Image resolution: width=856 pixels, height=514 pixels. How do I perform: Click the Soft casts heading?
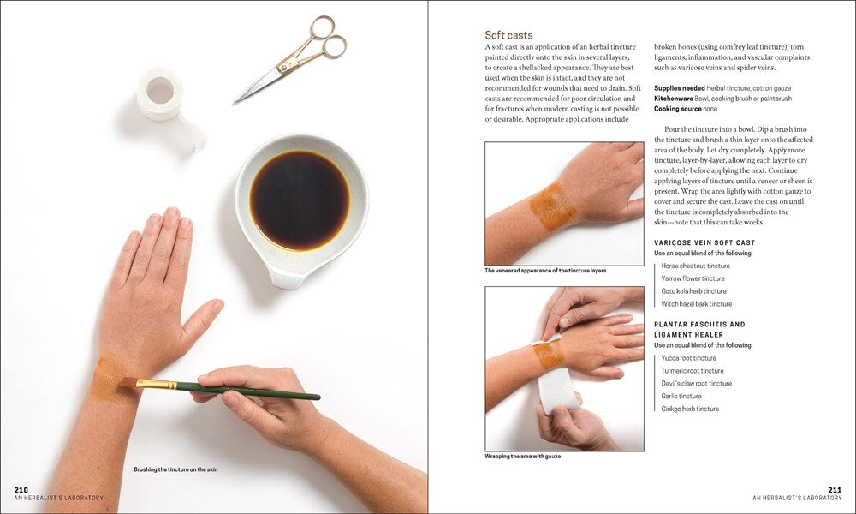click(508, 35)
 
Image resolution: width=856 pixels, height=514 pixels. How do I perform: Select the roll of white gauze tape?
click(160, 93)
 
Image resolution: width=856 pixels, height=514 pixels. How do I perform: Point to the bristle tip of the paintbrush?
click(128, 382)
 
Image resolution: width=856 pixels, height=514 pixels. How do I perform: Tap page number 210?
click(21, 489)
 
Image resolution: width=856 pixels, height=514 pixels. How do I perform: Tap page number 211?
click(835, 489)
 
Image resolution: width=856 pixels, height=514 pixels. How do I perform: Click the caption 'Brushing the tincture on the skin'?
click(183, 469)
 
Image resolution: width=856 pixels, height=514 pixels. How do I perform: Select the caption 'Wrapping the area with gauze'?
click(522, 456)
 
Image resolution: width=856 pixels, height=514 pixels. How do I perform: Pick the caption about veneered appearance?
click(545, 271)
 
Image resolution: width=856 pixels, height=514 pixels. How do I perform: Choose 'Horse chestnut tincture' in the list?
click(695, 266)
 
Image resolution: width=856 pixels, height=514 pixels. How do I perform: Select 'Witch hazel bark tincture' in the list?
click(696, 303)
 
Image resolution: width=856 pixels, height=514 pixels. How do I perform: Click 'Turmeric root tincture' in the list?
click(693, 371)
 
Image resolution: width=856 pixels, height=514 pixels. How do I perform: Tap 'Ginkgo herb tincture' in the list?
click(690, 409)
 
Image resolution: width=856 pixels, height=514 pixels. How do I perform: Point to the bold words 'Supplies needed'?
click(679, 88)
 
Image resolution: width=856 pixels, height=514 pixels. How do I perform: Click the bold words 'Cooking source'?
click(677, 109)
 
